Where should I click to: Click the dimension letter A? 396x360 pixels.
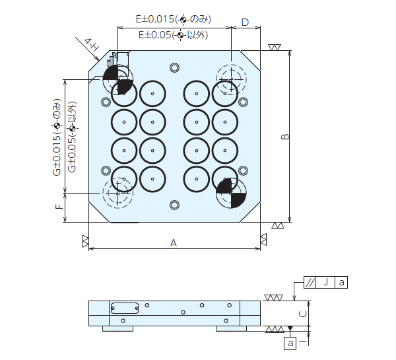[174, 242]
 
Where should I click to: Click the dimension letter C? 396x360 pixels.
[302, 314]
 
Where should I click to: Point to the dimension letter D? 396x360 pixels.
[245, 22]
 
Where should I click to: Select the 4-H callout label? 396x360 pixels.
[92, 45]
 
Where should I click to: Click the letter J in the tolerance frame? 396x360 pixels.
[325, 283]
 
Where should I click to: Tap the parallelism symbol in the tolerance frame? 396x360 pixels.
[310, 283]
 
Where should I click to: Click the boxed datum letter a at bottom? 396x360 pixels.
[290, 343]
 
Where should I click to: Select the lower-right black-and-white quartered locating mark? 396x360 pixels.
[231, 193]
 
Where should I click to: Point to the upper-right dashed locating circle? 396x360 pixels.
[231, 79]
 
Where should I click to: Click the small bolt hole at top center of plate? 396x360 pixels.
[174, 67]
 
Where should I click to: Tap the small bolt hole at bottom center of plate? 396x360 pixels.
[174, 204]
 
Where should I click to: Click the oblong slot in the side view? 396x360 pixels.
[124, 308]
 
